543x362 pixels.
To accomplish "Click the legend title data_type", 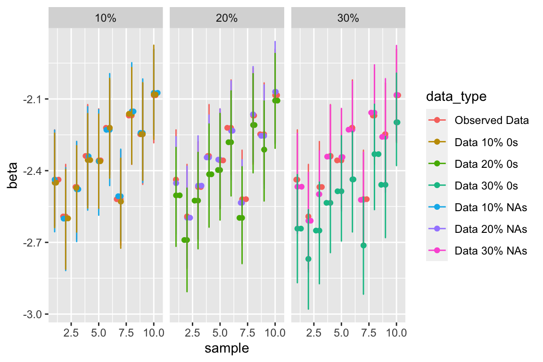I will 456,97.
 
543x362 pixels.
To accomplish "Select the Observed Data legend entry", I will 491,120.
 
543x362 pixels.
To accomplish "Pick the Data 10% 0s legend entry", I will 486,142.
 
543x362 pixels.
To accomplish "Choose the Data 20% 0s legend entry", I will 486,164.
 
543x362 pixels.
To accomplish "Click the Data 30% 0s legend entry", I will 486,185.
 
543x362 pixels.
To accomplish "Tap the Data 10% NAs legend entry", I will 490,207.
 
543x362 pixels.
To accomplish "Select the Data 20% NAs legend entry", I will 490,229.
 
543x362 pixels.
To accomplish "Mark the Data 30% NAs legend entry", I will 490,250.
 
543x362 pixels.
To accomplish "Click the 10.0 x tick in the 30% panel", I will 396,333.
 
